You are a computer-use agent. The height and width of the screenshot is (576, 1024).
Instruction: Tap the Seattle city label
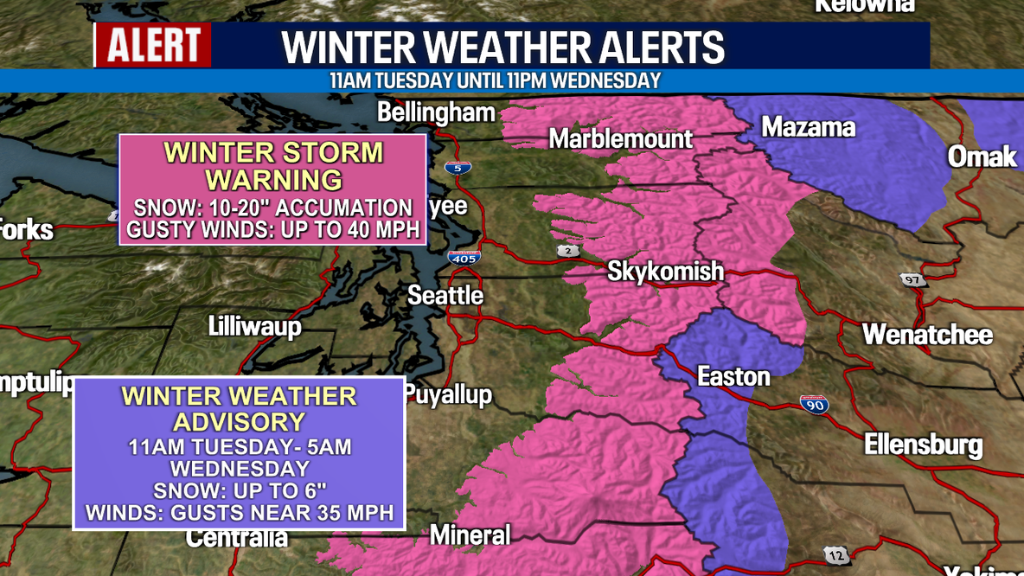[x=445, y=296]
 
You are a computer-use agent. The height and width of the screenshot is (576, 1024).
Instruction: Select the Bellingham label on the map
[x=437, y=113]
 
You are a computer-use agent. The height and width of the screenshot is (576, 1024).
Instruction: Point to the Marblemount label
[x=621, y=138]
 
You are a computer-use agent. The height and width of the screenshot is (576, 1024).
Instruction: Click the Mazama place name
[x=808, y=128]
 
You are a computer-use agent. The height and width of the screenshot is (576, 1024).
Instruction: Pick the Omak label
[x=982, y=157]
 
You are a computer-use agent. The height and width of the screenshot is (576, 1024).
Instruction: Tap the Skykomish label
[x=665, y=271]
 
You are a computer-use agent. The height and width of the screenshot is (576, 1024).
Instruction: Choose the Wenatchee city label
[x=927, y=335]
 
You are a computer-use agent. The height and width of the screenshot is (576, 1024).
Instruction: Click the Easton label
[x=733, y=376]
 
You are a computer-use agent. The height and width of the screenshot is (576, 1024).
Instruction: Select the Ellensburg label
[x=923, y=445]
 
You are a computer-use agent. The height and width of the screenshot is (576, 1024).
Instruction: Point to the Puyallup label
[x=448, y=395]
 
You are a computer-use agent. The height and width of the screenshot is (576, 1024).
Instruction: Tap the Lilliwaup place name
[x=254, y=326]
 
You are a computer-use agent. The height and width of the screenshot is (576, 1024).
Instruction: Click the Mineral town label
[x=470, y=534]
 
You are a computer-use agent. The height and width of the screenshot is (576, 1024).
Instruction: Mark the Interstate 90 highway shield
[x=814, y=404]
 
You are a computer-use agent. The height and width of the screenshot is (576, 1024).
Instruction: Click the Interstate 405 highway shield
[x=464, y=257]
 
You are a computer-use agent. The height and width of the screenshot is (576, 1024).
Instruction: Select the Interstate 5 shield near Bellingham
[x=458, y=168]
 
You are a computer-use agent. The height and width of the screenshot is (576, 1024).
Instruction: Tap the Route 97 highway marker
[x=912, y=279]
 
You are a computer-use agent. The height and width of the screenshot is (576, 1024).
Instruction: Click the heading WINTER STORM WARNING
[x=273, y=166]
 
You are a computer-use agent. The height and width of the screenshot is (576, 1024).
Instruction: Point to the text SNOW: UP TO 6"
[x=240, y=490]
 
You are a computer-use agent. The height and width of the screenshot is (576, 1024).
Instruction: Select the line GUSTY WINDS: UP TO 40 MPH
[x=273, y=230]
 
